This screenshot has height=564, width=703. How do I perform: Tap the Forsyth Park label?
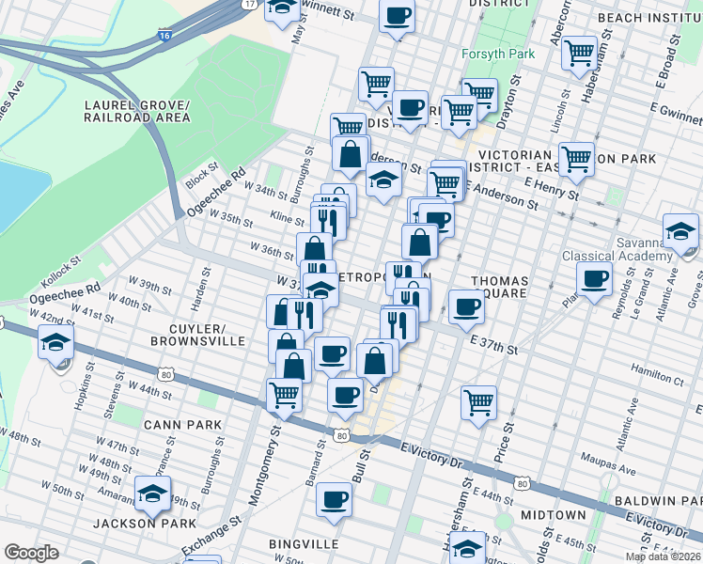tap(498, 54)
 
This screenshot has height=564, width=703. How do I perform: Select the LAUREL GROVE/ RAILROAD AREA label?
tap(136, 111)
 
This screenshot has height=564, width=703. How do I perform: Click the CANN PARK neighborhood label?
tap(182, 425)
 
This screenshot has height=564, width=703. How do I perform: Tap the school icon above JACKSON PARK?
tap(152, 491)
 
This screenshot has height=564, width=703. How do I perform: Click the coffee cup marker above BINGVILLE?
tap(333, 498)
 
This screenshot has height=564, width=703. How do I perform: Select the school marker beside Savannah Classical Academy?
tap(680, 229)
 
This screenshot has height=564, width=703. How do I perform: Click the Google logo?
tap(31, 553)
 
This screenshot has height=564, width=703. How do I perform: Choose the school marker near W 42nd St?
tap(56, 344)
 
